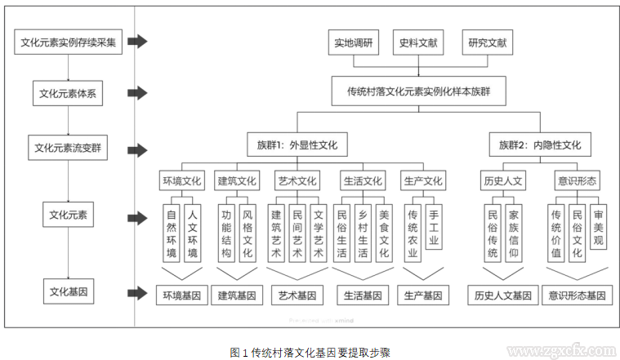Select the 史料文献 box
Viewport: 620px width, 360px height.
click(x=417, y=42)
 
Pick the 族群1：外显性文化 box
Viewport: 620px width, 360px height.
click(x=297, y=146)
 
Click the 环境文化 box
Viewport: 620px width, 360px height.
click(x=181, y=180)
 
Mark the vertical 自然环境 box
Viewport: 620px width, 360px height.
click(x=171, y=232)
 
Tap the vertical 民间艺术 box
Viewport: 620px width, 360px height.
click(x=297, y=232)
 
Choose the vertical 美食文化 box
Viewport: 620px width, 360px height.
click(x=384, y=232)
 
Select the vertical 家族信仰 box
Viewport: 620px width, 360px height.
click(x=514, y=232)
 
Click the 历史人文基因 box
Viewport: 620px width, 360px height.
click(x=502, y=295)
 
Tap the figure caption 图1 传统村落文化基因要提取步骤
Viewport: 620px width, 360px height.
click(x=311, y=351)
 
